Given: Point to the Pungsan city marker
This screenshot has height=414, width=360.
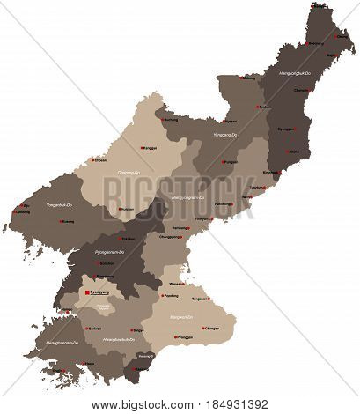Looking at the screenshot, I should (x=221, y=163).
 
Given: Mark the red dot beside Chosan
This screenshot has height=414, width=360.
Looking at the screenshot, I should (x=90, y=161).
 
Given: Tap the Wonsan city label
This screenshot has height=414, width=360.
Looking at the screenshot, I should (x=176, y=285).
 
